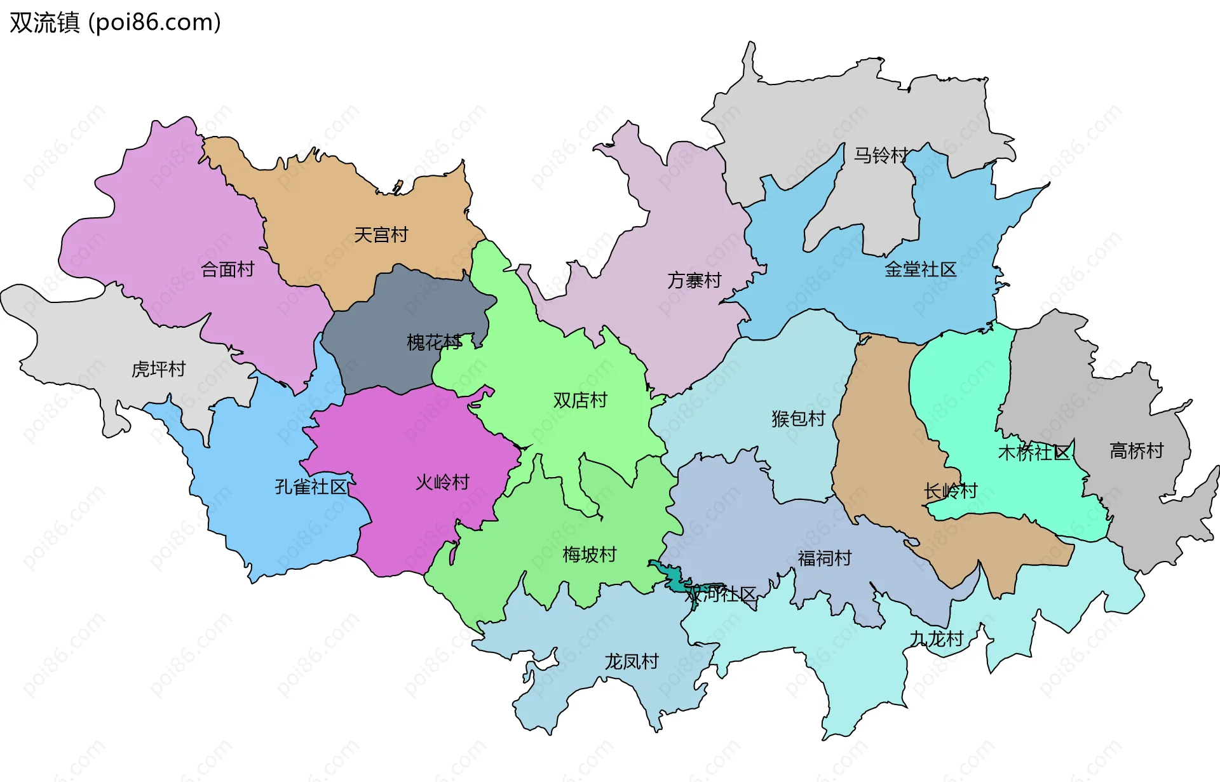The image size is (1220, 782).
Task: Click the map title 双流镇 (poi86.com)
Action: (x=115, y=22)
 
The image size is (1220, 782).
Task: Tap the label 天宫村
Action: (x=381, y=235)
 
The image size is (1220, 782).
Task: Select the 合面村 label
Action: (x=227, y=269)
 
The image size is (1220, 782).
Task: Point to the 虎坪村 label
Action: (x=158, y=369)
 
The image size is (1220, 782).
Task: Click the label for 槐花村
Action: (x=434, y=342)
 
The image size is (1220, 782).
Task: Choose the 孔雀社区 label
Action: (x=311, y=487)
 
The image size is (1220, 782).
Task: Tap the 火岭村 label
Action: (x=442, y=482)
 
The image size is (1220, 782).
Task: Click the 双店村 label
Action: (x=580, y=400)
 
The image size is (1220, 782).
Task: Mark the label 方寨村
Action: (x=695, y=280)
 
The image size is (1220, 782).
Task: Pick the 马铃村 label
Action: (x=881, y=155)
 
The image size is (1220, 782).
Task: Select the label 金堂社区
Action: (x=921, y=269)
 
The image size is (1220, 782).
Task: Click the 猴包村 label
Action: (x=798, y=419)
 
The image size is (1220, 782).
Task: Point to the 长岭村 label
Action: (x=951, y=491)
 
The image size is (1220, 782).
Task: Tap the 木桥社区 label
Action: (x=1034, y=452)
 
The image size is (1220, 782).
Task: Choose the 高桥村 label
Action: (x=1136, y=450)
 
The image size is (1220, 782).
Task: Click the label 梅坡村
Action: (x=589, y=555)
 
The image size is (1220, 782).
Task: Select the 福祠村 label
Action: (x=825, y=558)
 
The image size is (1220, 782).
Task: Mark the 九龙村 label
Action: (x=937, y=638)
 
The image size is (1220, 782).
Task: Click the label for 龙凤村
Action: (x=631, y=661)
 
